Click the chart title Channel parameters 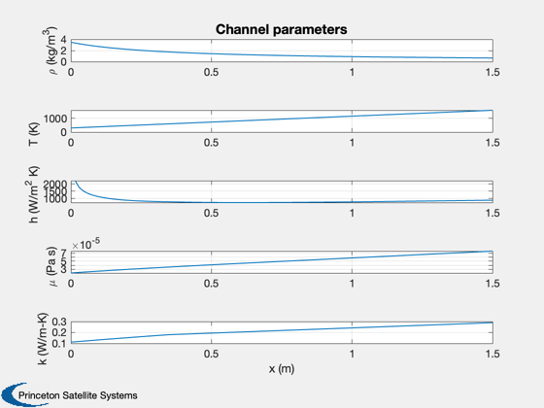[282, 29]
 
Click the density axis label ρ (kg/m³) [50, 51]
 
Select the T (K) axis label [34, 134]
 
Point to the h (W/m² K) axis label [33, 194]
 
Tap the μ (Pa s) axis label [51, 266]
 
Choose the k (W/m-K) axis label [43, 339]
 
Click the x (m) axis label [282, 368]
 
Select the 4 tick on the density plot [63, 40]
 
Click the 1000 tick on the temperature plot [55, 119]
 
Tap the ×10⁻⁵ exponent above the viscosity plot [85, 244]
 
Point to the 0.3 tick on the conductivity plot [59, 322]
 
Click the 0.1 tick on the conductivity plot [59, 344]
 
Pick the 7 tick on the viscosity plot [63, 253]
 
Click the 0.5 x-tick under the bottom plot [212, 354]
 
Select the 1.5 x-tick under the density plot [493, 72]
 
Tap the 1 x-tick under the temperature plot [352, 143]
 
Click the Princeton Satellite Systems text [78, 395]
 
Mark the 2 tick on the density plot [63, 51]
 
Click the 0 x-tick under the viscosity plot [71, 284]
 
